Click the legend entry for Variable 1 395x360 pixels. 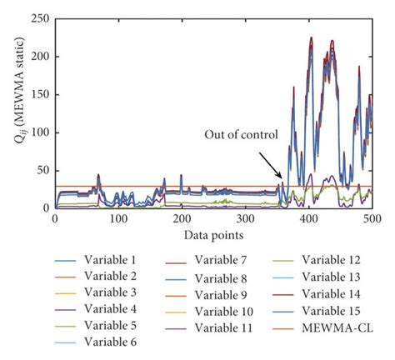pos(78,262)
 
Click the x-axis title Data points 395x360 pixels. pos(213,234)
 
